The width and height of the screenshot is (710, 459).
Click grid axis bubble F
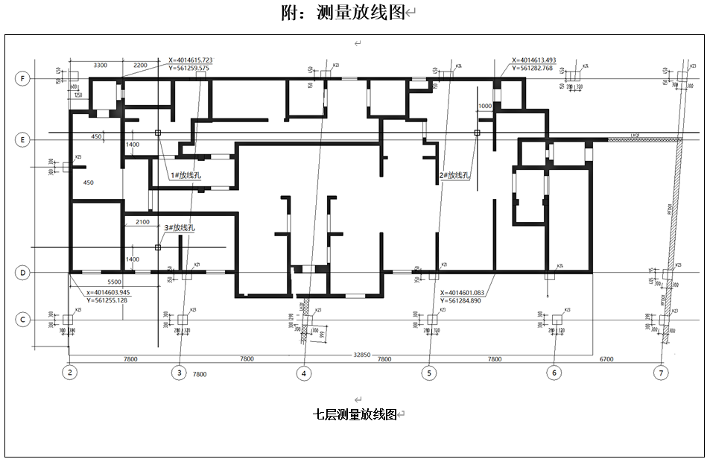point(23,77)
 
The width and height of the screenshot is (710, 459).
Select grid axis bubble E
point(23,139)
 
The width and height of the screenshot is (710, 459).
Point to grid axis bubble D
point(23,273)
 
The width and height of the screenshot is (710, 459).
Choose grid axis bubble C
point(23,320)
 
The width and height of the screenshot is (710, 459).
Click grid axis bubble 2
point(70,372)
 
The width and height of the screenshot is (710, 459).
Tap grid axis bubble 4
point(304,372)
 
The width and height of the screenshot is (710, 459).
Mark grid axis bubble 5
point(428,372)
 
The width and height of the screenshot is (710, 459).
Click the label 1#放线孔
point(186,176)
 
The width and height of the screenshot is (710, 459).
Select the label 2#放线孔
point(454,176)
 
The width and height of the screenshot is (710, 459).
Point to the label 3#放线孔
point(180,228)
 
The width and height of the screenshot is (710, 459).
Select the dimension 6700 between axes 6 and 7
point(606,359)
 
